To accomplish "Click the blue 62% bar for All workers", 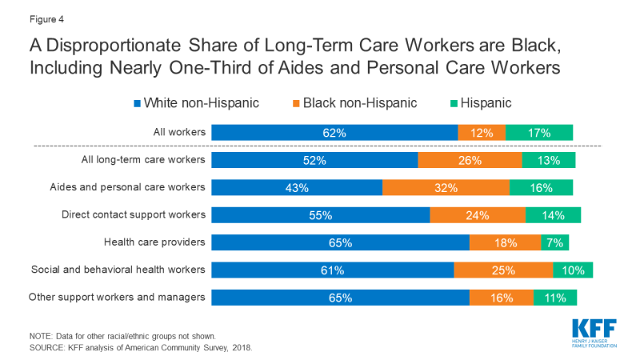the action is [x=334, y=133].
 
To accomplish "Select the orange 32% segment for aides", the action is [x=446, y=188].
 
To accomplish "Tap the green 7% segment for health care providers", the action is [x=554, y=242].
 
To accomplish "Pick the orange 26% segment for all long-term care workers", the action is [x=470, y=160].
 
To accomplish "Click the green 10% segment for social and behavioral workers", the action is [x=573, y=270].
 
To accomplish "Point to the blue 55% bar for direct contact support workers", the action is [x=321, y=215].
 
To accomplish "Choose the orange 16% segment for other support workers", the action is [x=502, y=298].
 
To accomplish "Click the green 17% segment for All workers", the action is [x=539, y=133].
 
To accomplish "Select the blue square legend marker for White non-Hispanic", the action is [x=137, y=104].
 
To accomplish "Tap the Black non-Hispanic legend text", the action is [x=360, y=103].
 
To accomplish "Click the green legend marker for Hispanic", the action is [x=454, y=104].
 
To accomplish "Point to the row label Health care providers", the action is [x=154, y=242].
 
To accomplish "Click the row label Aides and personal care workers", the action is [x=127, y=187].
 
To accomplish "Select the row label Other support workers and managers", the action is [x=117, y=297].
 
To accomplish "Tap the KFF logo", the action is [x=594, y=334].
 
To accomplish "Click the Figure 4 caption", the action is [x=46, y=19].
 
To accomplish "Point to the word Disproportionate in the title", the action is [x=114, y=46].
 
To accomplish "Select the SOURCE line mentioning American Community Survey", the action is [x=141, y=348].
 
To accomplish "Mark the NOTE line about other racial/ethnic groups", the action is [x=122, y=336].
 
